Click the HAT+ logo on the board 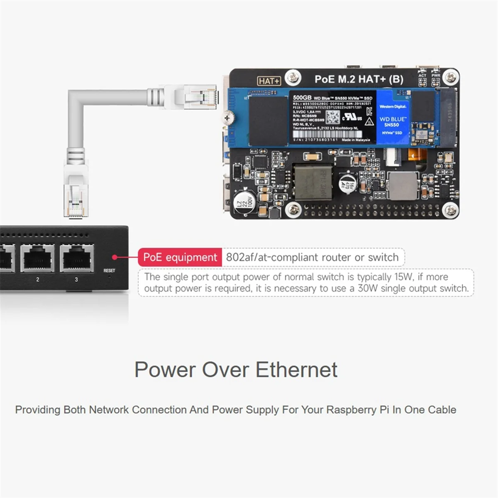click(269, 81)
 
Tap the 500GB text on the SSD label click(302, 98)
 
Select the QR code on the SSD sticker click(332, 117)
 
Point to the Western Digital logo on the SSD click(393, 107)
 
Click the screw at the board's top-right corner click(450, 76)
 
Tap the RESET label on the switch click(109, 271)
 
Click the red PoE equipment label click(180, 257)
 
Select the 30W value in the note click(368, 288)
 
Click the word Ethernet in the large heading click(296, 369)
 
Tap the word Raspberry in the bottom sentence click(351, 410)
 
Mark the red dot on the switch click(115, 257)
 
